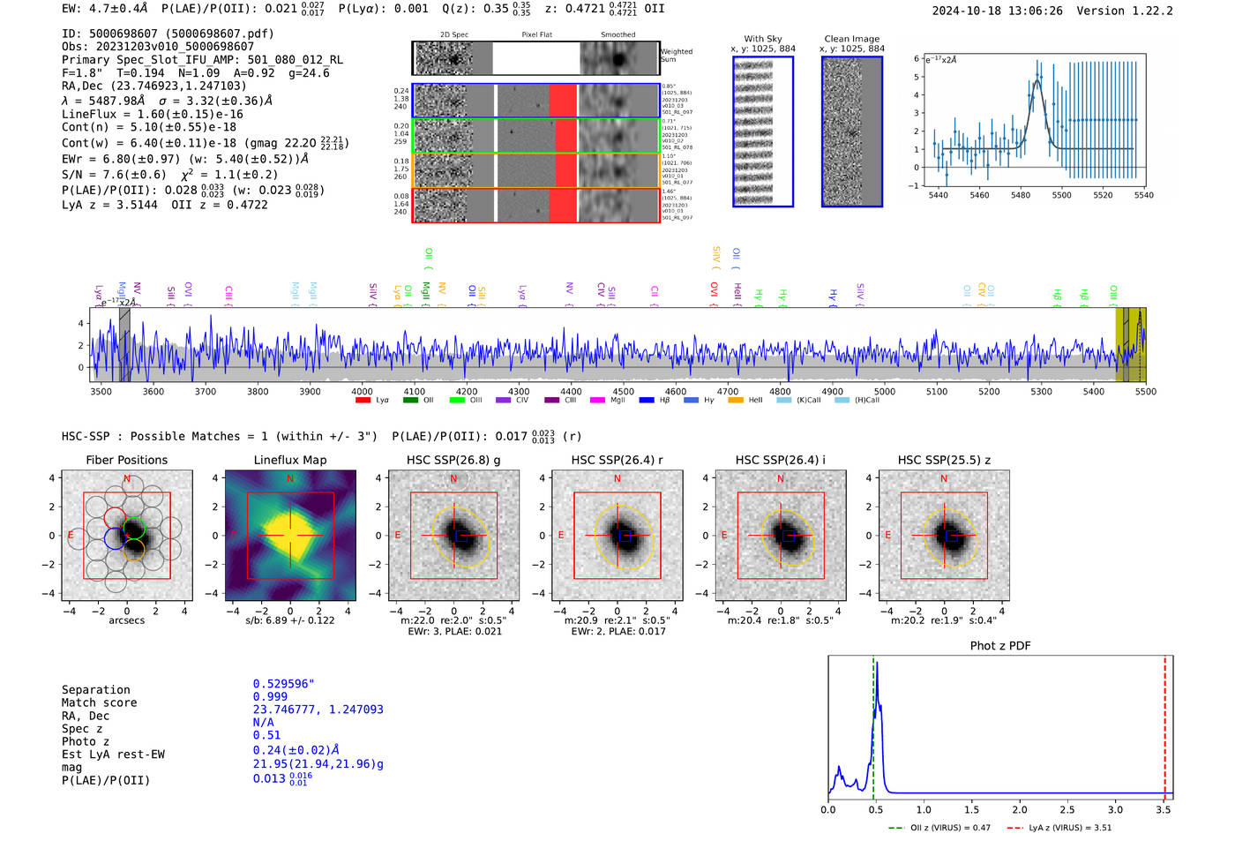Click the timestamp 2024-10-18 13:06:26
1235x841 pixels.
pos(997,11)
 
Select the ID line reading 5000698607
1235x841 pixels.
pos(168,34)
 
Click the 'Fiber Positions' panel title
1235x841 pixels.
pos(126,460)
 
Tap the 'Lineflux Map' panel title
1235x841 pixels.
pos(289,460)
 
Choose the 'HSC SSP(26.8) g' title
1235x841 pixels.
pos(453,460)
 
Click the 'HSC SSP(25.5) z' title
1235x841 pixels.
pos(944,460)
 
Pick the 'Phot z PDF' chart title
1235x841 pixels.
pos(1000,646)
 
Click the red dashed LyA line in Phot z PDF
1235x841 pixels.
pos(1164,724)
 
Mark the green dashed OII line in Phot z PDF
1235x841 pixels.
pos(873,724)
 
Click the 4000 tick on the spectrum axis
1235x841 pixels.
pos(362,392)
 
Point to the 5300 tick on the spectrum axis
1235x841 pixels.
pos(1041,392)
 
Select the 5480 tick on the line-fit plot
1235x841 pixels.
pos(1021,195)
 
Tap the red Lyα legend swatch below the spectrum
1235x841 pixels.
pos(363,401)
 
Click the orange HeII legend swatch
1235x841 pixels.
pos(736,401)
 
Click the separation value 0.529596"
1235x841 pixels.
pos(283,684)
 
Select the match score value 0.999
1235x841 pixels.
pos(270,697)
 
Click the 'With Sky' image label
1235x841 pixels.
pos(762,39)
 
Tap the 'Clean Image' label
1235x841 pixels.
pos(851,39)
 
